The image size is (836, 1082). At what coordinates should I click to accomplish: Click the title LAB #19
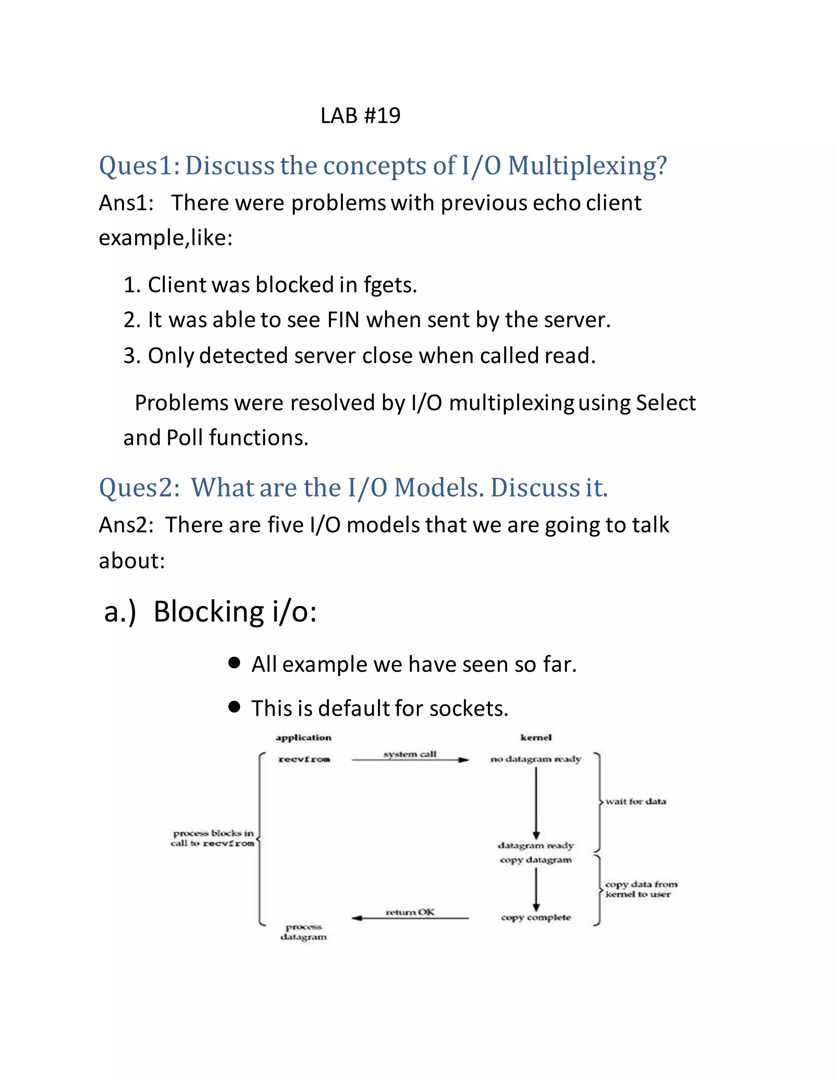360,116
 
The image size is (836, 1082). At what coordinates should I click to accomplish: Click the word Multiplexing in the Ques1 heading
587,165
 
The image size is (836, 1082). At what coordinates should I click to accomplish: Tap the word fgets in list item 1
388,285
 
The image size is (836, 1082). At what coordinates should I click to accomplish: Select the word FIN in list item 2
343,320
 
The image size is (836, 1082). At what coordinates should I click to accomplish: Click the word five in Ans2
285,525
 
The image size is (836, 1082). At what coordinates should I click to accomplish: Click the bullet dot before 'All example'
234,663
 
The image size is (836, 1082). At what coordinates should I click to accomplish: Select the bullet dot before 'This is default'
234,707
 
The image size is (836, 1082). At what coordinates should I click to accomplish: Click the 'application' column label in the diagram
304,738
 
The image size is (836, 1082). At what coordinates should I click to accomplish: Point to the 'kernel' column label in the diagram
536,738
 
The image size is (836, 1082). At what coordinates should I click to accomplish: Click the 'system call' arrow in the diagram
410,759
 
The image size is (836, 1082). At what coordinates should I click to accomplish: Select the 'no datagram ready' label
536,759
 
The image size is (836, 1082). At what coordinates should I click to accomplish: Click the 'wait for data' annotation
636,801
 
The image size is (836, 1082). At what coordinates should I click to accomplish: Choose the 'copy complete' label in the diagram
536,917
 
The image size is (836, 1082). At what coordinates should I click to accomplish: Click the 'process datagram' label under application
304,931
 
